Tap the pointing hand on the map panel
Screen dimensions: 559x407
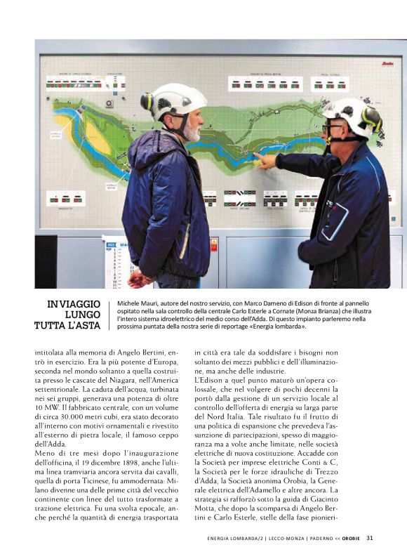[x=265, y=162]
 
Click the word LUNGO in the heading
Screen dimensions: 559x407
[x=83, y=315]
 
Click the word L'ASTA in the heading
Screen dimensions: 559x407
[x=85, y=326]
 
